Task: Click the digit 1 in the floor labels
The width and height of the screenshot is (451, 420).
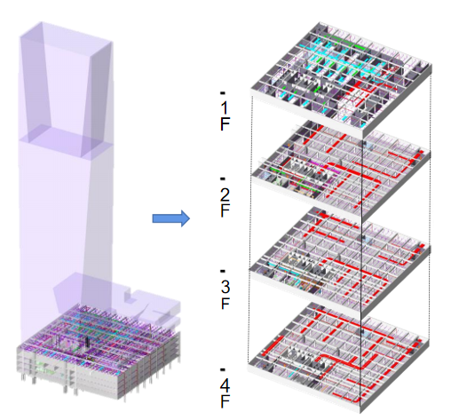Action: point(225,107)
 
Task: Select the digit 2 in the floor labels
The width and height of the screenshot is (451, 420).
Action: point(225,194)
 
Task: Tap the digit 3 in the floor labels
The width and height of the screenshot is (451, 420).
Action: point(225,287)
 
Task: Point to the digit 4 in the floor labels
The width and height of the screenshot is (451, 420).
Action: point(225,385)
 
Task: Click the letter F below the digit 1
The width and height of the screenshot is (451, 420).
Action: point(225,123)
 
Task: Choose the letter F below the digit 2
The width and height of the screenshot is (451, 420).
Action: point(225,210)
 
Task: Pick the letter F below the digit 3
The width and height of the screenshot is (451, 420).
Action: point(225,303)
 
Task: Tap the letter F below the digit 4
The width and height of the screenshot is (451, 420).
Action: point(225,401)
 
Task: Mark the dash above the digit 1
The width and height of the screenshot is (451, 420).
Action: point(223,93)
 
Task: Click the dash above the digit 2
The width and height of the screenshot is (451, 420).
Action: point(223,178)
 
